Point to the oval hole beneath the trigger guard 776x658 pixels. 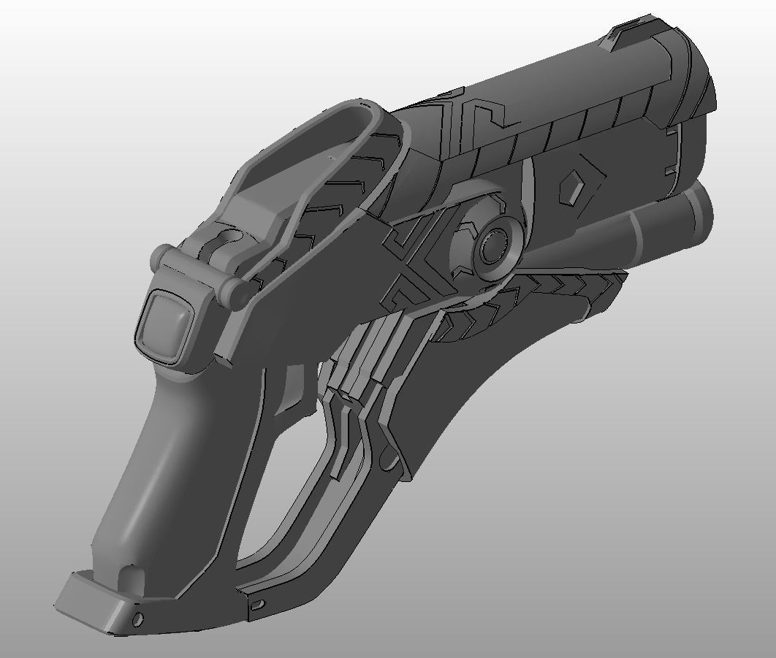click(256, 605)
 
